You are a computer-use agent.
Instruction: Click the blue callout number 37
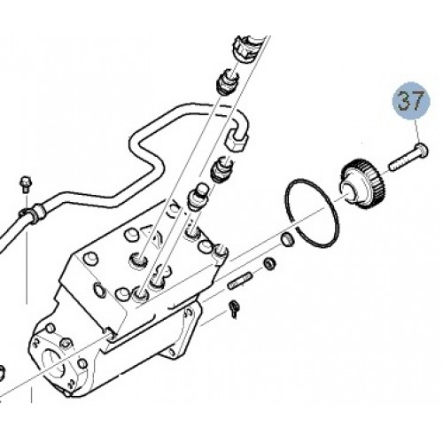point(411,100)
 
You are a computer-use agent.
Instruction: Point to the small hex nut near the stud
point(269,263)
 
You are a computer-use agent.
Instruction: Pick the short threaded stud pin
point(239,282)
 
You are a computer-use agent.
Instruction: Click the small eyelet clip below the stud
point(234,308)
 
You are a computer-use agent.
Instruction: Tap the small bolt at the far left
point(27,184)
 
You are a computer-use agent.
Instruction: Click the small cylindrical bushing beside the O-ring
point(287,239)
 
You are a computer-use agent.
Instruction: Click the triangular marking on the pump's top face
point(147,231)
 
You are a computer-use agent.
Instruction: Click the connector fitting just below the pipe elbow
point(221,170)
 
